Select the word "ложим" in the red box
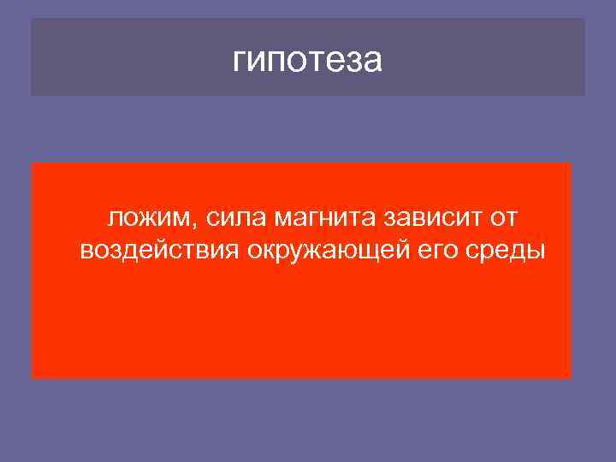(x=151, y=219)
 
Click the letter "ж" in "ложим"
(x=148, y=219)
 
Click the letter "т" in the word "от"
(x=510, y=219)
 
